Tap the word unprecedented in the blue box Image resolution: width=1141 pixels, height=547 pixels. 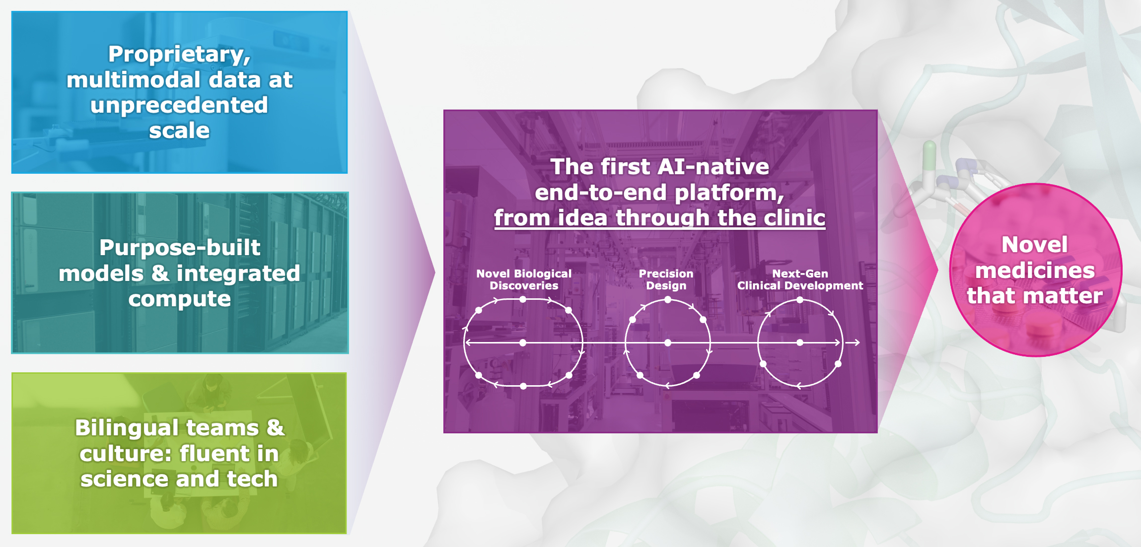pyautogui.click(x=179, y=105)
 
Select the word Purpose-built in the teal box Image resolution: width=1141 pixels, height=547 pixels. pyautogui.click(x=180, y=248)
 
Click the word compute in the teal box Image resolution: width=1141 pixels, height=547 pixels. pyautogui.click(x=180, y=299)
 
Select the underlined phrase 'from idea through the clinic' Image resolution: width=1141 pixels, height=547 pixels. pyautogui.click(x=659, y=218)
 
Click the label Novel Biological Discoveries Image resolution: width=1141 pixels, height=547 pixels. pyautogui.click(x=524, y=279)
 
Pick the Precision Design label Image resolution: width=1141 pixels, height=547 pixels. pyautogui.click(x=666, y=279)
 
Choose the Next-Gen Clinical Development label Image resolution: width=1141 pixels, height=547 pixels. pyautogui.click(x=800, y=279)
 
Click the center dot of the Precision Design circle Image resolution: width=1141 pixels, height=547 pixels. pyautogui.click(x=668, y=342)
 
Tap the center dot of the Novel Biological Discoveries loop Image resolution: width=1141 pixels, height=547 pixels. pyautogui.click(x=523, y=342)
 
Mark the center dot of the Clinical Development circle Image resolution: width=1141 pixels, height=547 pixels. pyautogui.click(x=800, y=342)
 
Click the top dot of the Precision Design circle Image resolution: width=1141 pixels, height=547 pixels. pyautogui.click(x=668, y=300)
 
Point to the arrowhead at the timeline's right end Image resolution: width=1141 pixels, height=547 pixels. pyautogui.click(x=857, y=342)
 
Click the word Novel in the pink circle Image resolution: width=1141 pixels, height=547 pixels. pyautogui.click(x=1035, y=245)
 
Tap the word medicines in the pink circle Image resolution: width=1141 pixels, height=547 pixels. pyautogui.click(x=1035, y=271)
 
